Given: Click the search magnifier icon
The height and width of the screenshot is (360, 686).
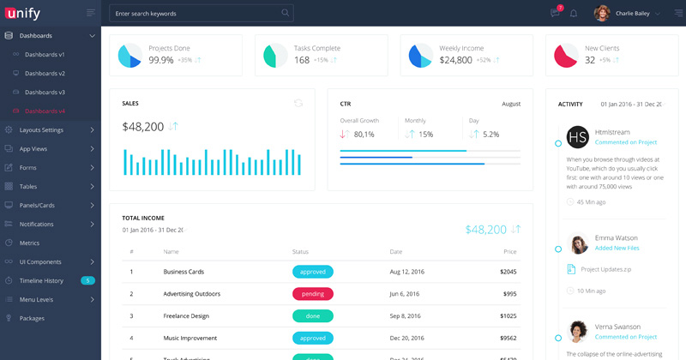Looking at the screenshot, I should (x=285, y=13).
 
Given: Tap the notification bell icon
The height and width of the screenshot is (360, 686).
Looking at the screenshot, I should (x=574, y=14).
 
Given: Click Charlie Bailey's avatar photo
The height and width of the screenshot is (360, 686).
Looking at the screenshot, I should (x=602, y=14).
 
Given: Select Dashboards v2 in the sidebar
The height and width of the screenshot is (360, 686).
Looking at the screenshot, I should (x=45, y=74).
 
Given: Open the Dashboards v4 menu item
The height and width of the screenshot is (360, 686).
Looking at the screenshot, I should (x=45, y=111).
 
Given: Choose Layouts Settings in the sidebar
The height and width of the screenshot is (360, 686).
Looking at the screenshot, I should (x=41, y=130).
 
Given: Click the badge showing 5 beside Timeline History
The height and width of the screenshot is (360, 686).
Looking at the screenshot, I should (x=87, y=280).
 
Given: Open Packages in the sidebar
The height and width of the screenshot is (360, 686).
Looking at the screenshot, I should (x=32, y=318).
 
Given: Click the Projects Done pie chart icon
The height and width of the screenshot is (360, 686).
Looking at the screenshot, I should (x=129, y=56).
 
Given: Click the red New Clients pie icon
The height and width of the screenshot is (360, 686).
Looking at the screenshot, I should (x=565, y=56).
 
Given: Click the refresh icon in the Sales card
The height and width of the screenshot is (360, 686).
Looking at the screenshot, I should (x=298, y=103).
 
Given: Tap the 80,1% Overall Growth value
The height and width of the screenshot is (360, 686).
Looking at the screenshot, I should (x=364, y=135).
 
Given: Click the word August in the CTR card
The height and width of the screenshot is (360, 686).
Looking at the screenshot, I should (x=511, y=104).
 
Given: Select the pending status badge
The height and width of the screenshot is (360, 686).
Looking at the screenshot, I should (x=313, y=294).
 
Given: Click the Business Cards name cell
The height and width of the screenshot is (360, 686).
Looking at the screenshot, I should (x=183, y=272).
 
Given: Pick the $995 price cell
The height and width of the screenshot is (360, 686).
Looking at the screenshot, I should (x=508, y=294).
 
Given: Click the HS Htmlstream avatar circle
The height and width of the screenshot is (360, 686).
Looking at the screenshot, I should (x=578, y=137).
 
